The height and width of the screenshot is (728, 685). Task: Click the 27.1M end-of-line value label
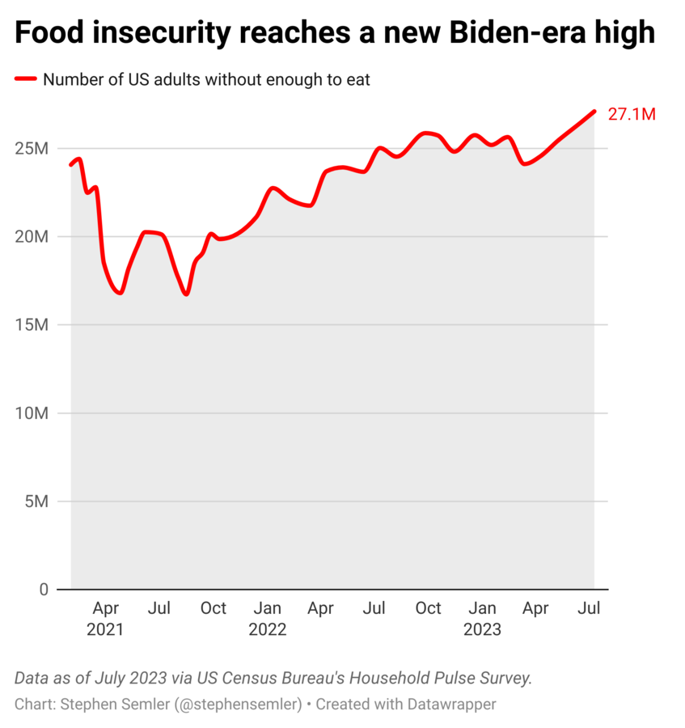coord(631,114)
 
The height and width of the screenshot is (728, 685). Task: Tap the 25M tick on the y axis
coord(33,149)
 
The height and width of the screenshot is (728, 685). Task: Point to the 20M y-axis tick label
coord(33,237)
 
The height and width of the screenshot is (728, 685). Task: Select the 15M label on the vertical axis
coord(33,325)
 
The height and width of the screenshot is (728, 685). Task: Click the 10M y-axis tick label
coord(33,413)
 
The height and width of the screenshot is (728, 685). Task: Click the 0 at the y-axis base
coord(44,590)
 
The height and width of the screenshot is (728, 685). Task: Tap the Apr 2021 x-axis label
coord(105,619)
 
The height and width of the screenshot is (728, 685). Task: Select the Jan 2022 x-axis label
coord(267,619)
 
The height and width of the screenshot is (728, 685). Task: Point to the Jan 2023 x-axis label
coord(482,619)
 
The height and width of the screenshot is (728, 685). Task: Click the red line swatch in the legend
coord(26,79)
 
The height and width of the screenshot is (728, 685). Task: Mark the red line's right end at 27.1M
coord(594,112)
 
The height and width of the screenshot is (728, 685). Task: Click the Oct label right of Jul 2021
coord(214,608)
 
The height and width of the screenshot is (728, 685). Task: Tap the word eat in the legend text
coord(357,79)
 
